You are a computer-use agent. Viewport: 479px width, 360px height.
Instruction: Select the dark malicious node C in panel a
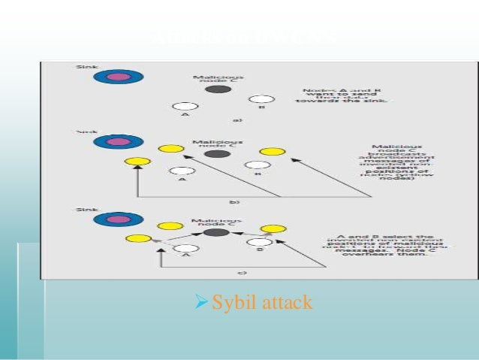click(218, 89)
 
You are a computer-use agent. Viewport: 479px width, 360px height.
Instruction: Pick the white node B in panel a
click(261, 99)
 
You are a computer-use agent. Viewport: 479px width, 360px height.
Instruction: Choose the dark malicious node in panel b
click(217, 153)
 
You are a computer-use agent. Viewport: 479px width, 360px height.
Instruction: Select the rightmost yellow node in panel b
click(272, 152)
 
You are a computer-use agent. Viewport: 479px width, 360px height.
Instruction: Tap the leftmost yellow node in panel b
click(137, 162)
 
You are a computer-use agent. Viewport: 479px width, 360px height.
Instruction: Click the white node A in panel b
click(179, 171)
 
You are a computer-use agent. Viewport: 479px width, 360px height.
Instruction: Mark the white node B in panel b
click(258, 165)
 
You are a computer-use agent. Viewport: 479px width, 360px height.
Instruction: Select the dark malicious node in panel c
click(217, 233)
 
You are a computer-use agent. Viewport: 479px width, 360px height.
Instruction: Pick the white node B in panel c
click(259, 242)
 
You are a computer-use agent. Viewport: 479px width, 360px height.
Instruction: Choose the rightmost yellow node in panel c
click(274, 228)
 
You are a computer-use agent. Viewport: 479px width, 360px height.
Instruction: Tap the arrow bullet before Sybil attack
click(200, 304)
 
